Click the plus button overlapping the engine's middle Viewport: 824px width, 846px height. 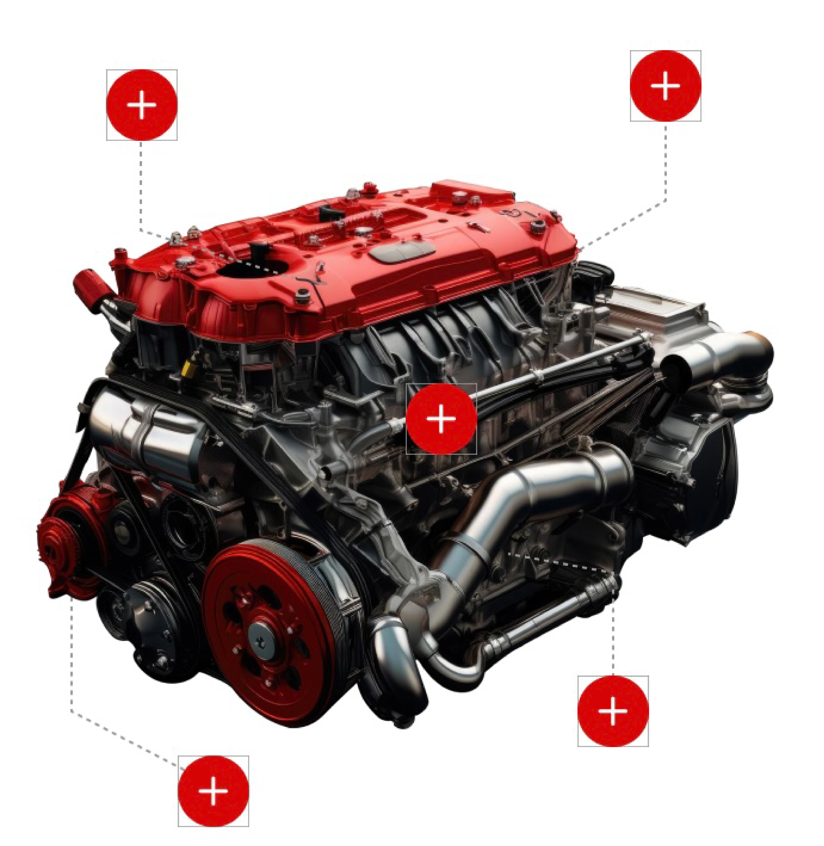point(441,419)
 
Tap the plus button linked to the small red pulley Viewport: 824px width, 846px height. point(213,791)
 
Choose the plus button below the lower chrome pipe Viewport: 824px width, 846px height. point(613,711)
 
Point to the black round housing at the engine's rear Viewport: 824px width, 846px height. point(710,476)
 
